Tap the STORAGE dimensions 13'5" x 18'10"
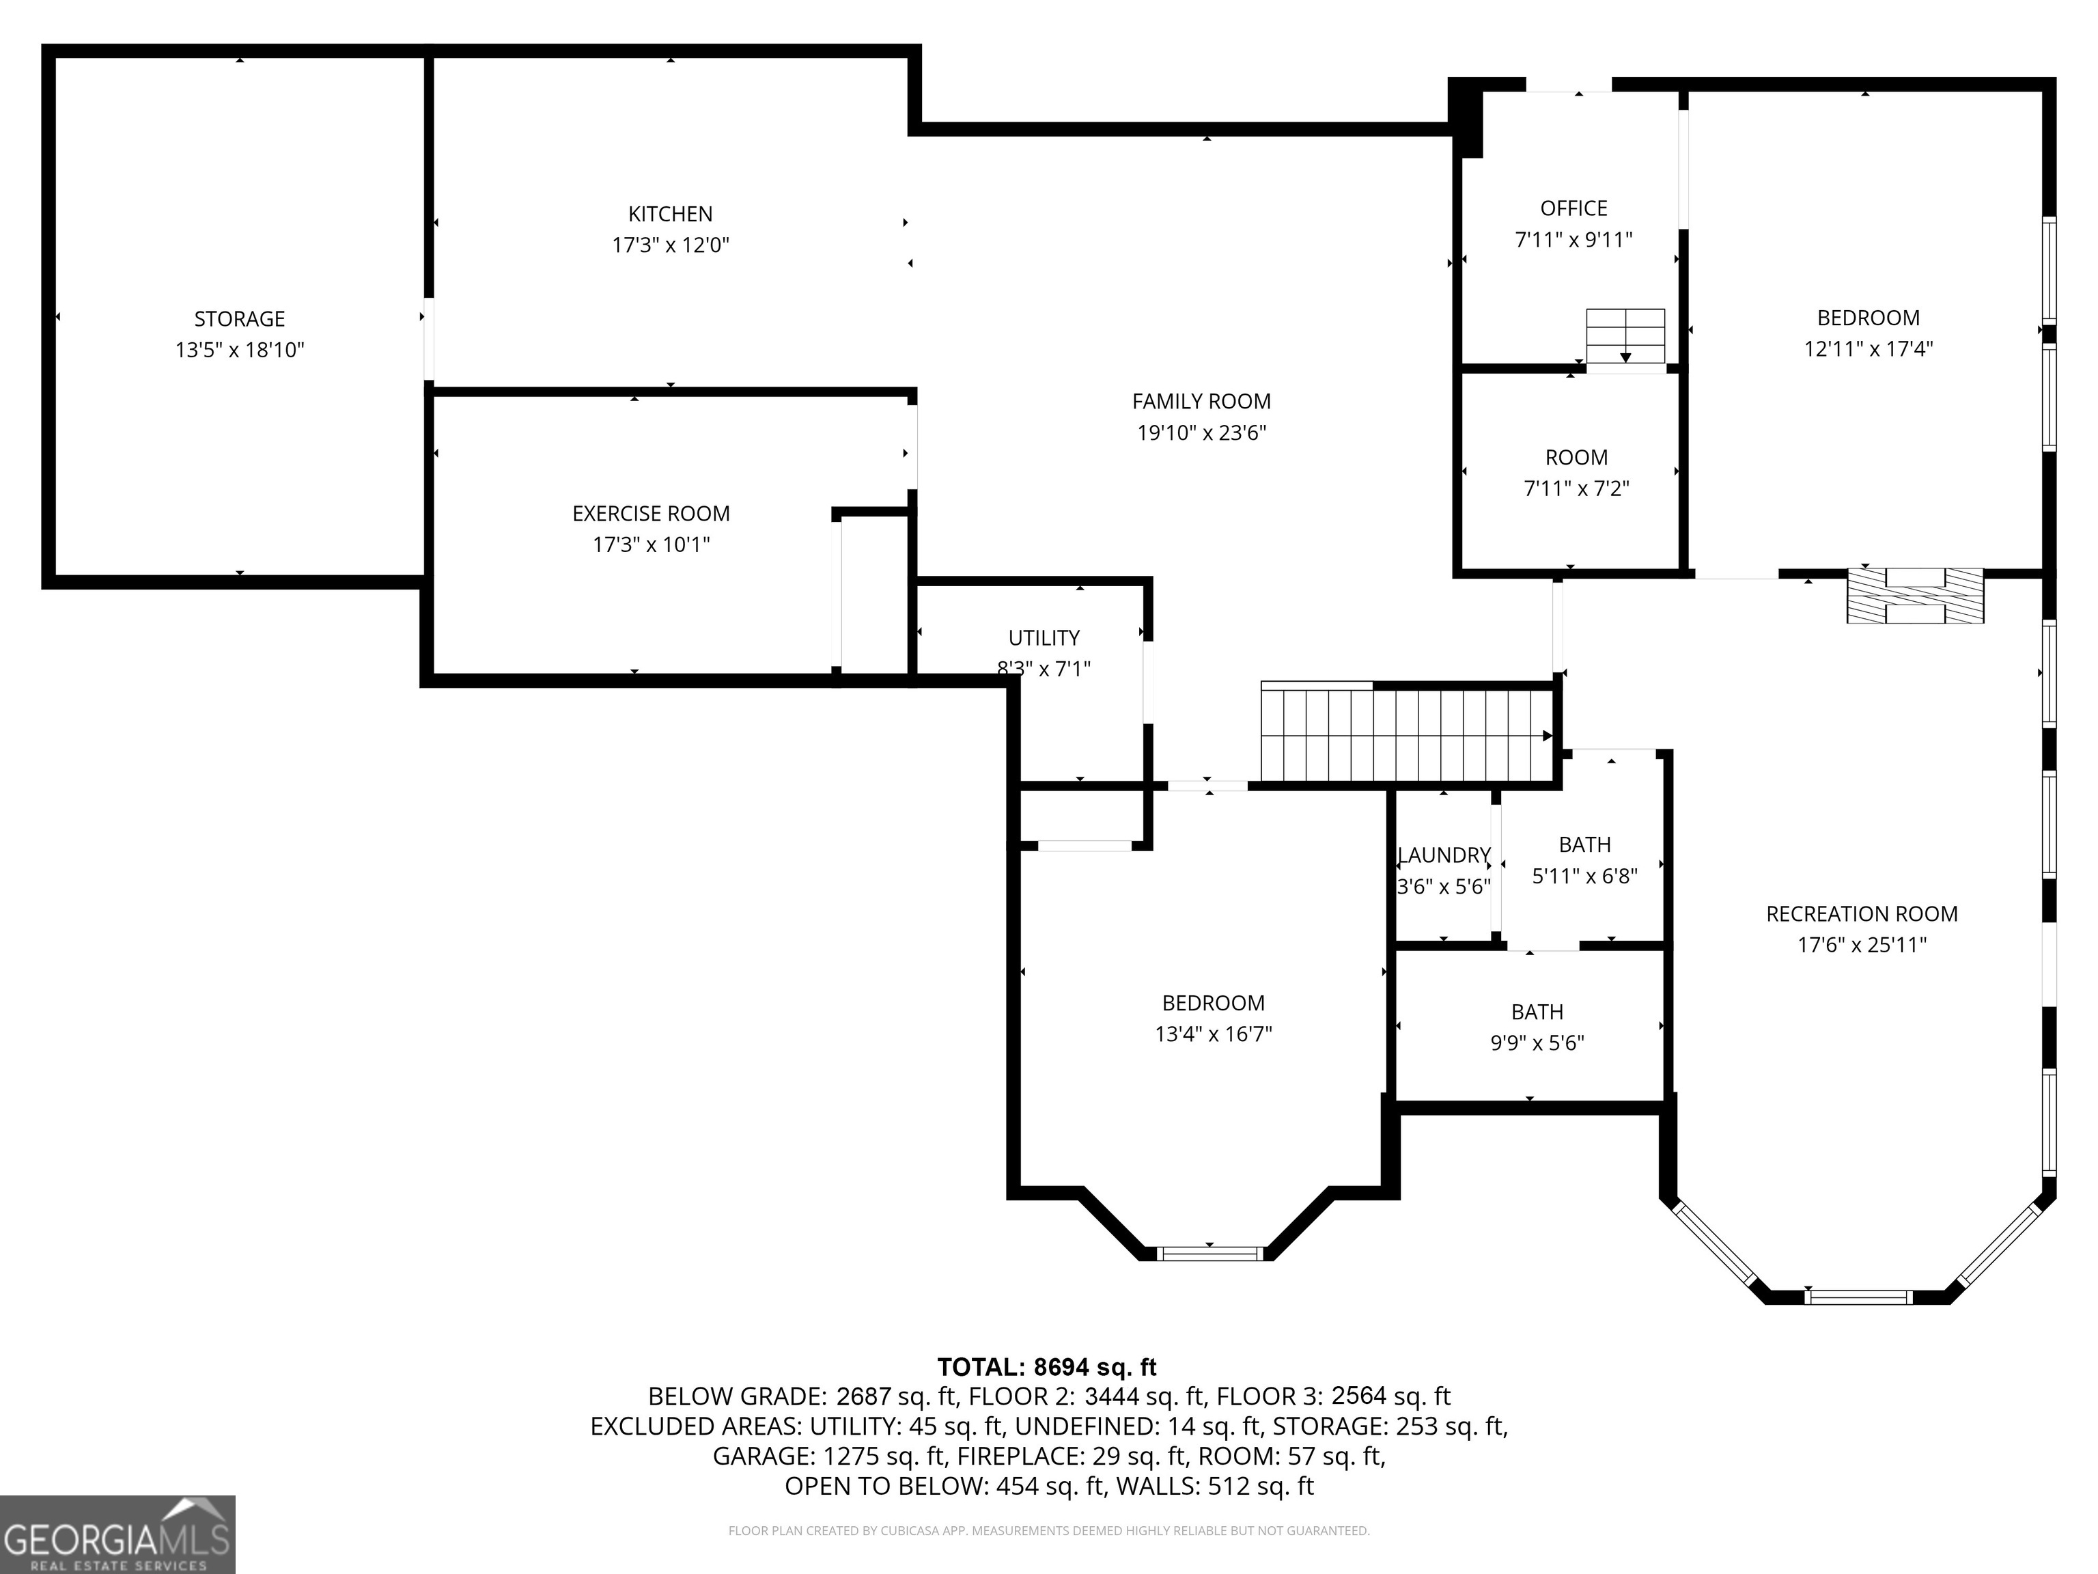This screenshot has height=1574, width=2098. (x=239, y=350)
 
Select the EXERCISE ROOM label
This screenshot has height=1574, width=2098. (x=651, y=514)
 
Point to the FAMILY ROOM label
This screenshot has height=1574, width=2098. (x=1201, y=401)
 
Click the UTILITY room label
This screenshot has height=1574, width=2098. (x=1044, y=637)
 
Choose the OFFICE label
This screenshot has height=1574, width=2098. (x=1573, y=209)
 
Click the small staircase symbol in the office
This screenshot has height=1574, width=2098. (x=1625, y=337)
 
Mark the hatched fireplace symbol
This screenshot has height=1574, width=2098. (x=1914, y=596)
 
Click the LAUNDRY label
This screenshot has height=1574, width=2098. (x=1444, y=856)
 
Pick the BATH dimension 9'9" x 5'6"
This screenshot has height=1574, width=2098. (x=1537, y=1043)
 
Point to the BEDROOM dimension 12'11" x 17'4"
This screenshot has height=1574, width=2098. (x=1868, y=349)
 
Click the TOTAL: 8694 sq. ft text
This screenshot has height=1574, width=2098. (x=1046, y=1367)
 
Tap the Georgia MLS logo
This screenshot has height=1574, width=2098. (x=117, y=1534)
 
